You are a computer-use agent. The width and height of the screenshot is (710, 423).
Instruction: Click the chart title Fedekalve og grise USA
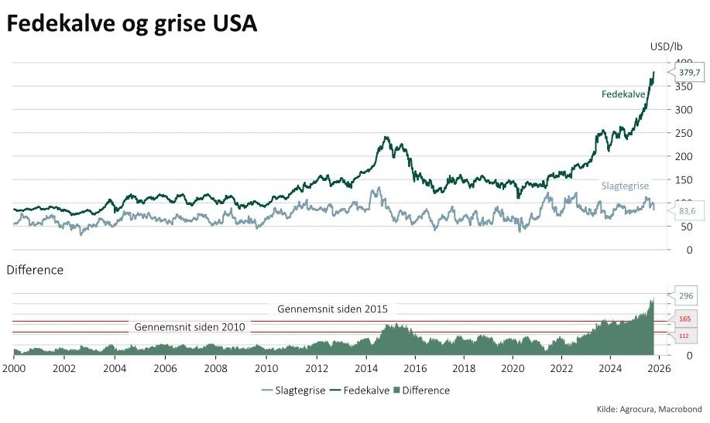click(132, 25)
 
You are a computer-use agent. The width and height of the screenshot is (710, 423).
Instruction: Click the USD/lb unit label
click(666, 46)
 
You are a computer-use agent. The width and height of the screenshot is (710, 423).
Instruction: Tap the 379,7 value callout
click(688, 73)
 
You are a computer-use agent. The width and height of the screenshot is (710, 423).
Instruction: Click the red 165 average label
click(684, 319)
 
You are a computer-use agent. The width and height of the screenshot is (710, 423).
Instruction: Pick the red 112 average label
click(684, 336)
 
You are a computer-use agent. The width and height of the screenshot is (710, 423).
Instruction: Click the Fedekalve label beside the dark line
click(623, 94)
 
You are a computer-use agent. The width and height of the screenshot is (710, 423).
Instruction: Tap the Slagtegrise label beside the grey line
click(625, 186)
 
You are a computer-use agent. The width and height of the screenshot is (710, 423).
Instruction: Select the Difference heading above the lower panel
click(35, 270)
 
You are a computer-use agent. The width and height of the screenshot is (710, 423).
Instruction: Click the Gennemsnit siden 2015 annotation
click(332, 309)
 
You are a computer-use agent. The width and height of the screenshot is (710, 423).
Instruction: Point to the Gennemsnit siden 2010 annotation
click(190, 327)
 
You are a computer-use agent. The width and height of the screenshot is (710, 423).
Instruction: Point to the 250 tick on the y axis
click(682, 133)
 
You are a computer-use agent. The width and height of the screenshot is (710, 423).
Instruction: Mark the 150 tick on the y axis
click(682, 180)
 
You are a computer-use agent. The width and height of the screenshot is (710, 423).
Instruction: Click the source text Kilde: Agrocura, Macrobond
click(649, 408)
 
